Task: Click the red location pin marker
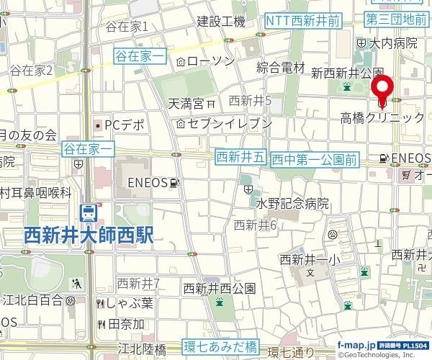point(382,87)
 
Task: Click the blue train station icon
point(89,212)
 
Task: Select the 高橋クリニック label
point(382,117)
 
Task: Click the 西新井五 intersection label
point(241,156)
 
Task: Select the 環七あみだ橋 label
point(220,346)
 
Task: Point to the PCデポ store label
point(125,125)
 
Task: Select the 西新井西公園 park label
point(220,288)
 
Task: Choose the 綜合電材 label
point(282,68)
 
